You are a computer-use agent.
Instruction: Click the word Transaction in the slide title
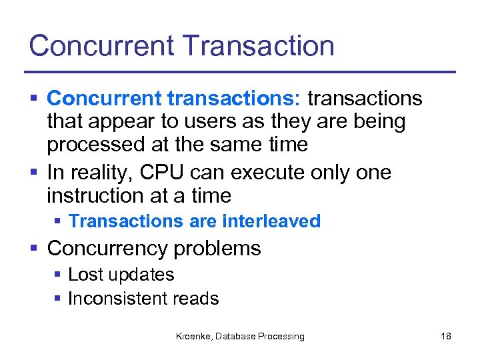pyautogui.click(x=257, y=45)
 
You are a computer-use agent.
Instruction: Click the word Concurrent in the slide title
pyautogui.click(x=101, y=45)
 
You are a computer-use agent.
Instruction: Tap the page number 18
pyautogui.click(x=445, y=336)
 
